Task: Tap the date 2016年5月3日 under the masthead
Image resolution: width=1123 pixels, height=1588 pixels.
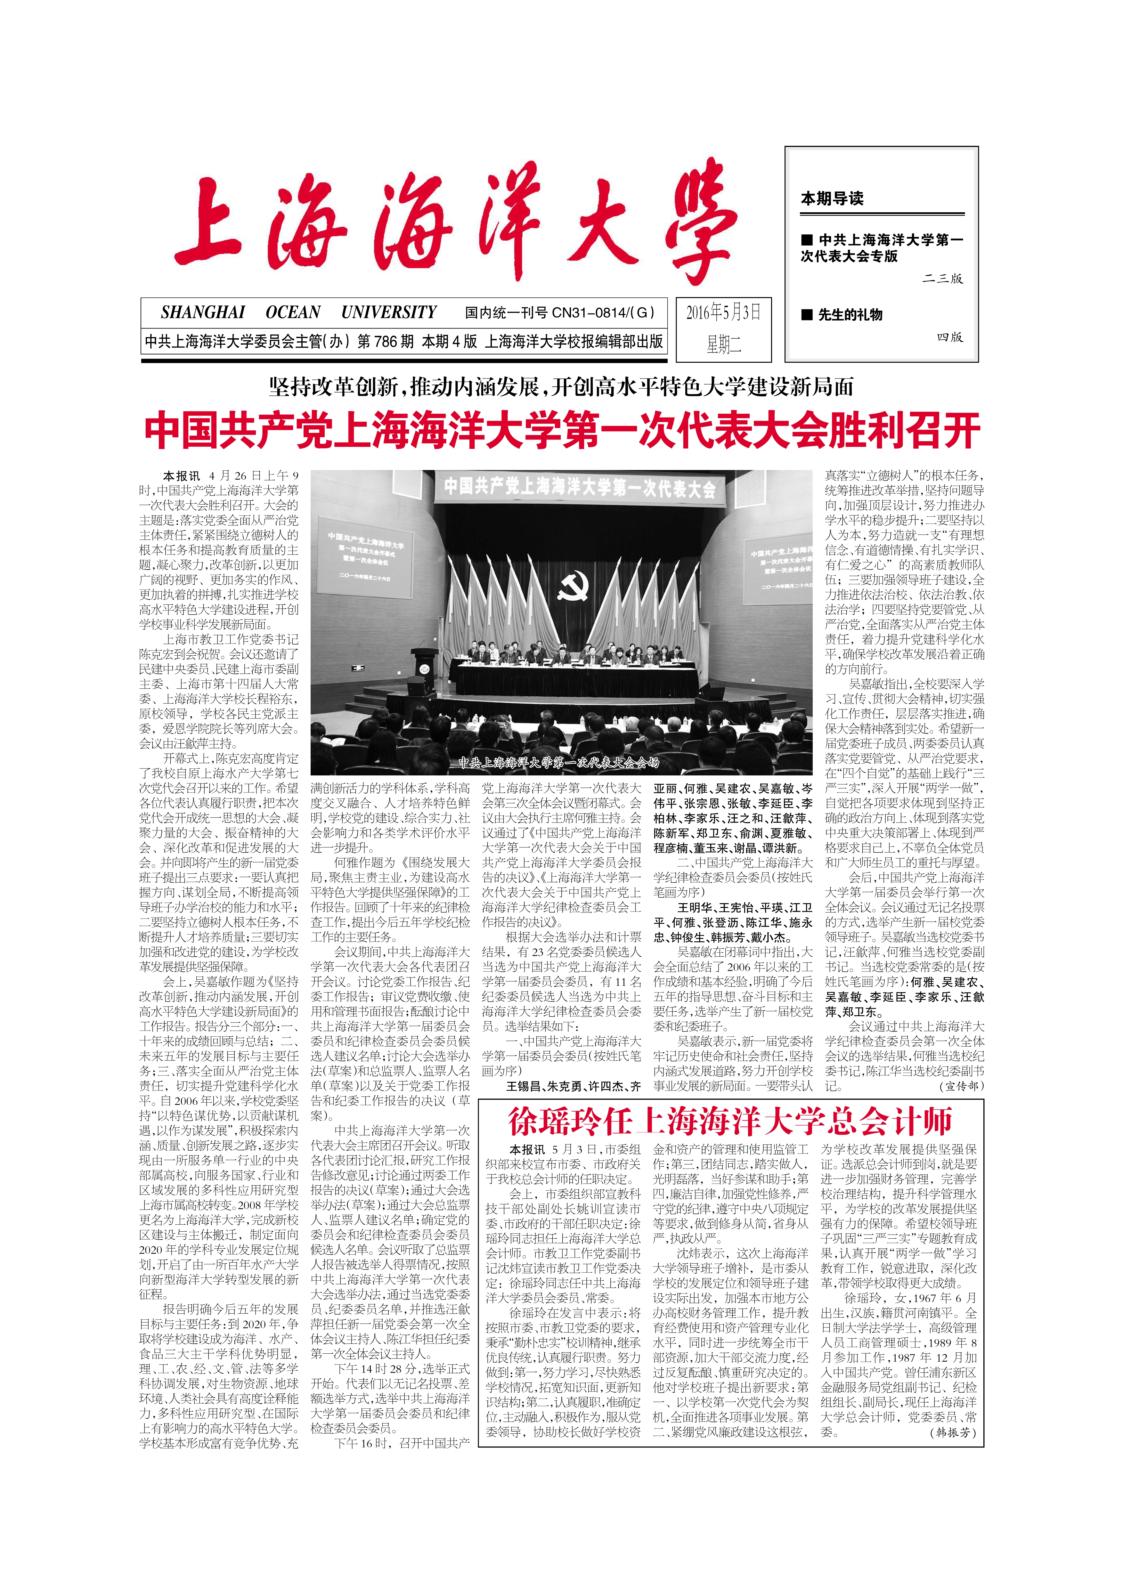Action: pos(723,312)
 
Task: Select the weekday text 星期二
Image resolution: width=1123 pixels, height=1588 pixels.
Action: pos(723,344)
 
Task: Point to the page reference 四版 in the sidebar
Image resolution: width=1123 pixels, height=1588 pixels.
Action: pos(949,337)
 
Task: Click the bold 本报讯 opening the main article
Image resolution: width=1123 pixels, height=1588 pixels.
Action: pos(181,476)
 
